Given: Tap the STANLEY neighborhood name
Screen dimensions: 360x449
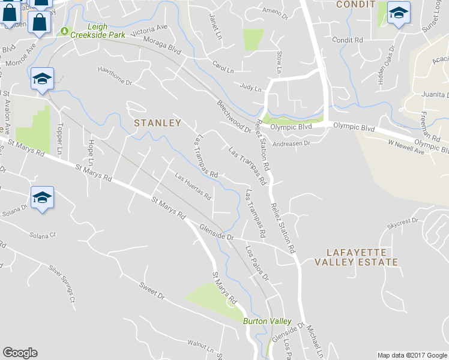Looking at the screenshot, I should (x=157, y=122).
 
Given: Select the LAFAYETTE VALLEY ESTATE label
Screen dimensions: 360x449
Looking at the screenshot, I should (x=354, y=257).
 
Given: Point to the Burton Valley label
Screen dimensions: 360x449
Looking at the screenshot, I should (x=267, y=321).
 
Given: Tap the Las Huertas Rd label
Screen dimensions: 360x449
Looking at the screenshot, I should (x=193, y=186).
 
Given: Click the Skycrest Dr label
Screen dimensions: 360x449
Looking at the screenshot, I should (x=402, y=221).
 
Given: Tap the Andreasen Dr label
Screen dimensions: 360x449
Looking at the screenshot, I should (x=291, y=143).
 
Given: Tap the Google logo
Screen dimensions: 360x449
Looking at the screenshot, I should (x=20, y=353).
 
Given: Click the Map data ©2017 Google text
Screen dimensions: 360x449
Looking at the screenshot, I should (x=412, y=355).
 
